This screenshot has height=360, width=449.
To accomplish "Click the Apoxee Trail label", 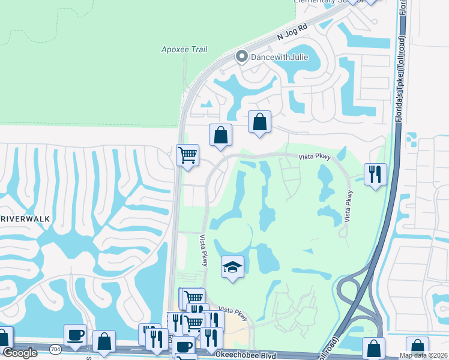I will (184, 49).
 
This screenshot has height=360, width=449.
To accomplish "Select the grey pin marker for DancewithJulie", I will (241, 58).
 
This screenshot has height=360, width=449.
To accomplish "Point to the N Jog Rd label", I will (292, 35).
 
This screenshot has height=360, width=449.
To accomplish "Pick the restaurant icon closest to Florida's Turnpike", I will (375, 174).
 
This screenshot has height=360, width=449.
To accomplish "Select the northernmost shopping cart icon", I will (188, 155).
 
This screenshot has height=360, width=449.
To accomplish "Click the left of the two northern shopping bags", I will (220, 134).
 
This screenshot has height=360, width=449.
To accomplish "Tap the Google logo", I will (20, 352).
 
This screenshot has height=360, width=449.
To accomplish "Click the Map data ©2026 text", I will (423, 355).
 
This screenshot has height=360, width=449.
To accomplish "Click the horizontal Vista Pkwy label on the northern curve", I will (315, 157).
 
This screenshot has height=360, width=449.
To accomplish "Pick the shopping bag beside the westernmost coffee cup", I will (104, 341).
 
